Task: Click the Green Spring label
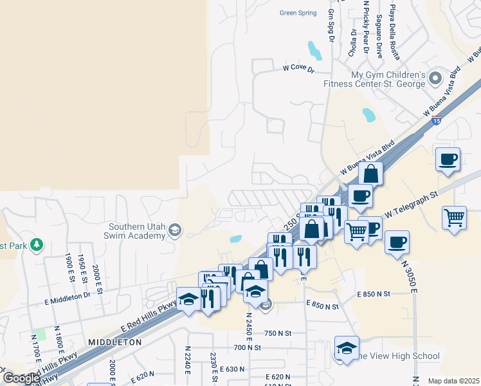click(299, 13)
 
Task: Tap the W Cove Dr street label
click(298, 68)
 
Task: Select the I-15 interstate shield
click(437, 120)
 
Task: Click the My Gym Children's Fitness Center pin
click(435, 79)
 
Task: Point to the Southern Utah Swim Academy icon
click(174, 230)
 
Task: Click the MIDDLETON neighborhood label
click(115, 343)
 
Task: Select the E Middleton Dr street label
click(68, 299)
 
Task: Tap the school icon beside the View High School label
click(347, 348)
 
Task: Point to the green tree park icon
click(37, 245)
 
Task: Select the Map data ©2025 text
click(453, 381)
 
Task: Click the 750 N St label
click(278, 333)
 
